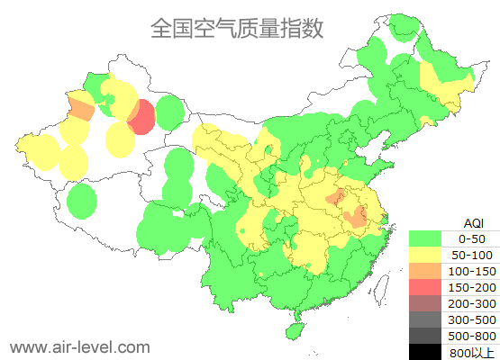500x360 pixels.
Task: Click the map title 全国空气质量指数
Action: [x=236, y=28]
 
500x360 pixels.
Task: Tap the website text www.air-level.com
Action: [x=79, y=346]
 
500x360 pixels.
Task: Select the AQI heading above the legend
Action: [x=473, y=222]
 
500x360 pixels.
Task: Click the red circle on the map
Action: [x=141, y=118]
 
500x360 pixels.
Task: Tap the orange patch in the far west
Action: [x=81, y=110]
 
